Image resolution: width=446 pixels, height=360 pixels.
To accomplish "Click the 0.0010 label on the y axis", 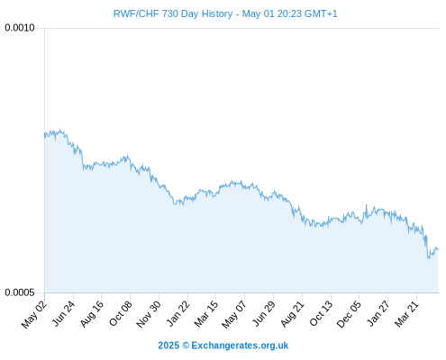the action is [20, 28].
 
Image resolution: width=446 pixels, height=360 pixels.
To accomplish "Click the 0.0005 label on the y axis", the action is [20, 292].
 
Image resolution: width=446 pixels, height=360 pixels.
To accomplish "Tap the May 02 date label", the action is [34, 314].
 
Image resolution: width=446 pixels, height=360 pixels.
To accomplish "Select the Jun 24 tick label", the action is [64, 313].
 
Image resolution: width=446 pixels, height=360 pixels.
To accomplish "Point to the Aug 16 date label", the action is [92, 314].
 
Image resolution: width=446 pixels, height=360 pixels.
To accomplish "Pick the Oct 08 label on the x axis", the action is [121, 313].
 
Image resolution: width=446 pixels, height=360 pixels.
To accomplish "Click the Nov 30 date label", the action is [149, 314].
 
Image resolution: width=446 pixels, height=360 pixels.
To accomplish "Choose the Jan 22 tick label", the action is [178, 313].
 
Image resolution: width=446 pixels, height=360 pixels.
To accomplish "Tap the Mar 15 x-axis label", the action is [206, 314].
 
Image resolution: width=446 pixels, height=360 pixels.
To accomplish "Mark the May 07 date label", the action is [234, 314].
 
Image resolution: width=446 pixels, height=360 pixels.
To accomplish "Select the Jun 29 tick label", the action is [264, 313].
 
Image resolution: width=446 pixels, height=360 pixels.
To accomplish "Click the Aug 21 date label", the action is [293, 314].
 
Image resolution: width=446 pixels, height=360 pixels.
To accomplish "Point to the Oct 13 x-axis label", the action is [322, 313].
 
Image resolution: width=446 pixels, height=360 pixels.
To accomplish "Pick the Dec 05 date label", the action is [349, 314].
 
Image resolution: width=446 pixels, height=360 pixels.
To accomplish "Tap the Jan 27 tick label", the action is [378, 313].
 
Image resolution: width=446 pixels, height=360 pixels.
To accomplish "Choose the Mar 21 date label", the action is [406, 314].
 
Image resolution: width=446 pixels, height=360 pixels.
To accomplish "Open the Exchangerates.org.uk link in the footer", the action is [240, 346].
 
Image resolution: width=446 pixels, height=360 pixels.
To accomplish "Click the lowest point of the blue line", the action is [429, 258].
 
